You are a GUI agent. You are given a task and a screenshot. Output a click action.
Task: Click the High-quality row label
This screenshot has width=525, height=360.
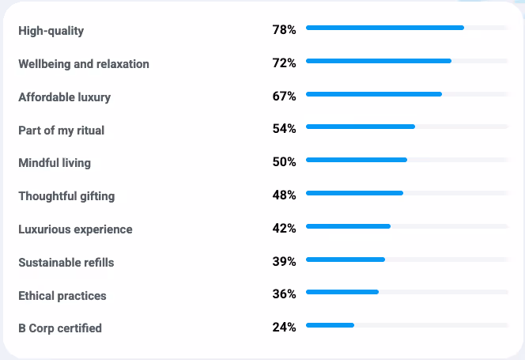pyautogui.click(x=51, y=31)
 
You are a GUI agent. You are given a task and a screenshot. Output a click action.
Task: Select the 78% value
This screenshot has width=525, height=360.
pyautogui.click(x=284, y=29)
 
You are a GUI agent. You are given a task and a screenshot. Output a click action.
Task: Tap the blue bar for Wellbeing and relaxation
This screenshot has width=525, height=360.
pyautogui.click(x=378, y=61)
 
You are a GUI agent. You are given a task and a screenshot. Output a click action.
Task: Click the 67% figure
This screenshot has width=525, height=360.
pyautogui.click(x=284, y=96)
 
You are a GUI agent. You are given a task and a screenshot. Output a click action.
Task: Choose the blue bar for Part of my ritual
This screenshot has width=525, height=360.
pyautogui.click(x=360, y=127)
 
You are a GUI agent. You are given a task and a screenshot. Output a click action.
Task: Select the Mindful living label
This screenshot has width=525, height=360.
pyautogui.click(x=55, y=163)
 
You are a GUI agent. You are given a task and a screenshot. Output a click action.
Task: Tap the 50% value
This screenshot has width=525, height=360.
pyautogui.click(x=284, y=161)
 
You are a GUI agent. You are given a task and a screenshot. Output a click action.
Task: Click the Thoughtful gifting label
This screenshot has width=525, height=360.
pyautogui.click(x=66, y=196)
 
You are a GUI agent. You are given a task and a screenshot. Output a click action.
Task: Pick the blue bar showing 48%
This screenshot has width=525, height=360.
pyautogui.click(x=354, y=193)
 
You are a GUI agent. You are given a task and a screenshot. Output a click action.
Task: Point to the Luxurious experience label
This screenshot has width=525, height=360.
pyautogui.click(x=75, y=229)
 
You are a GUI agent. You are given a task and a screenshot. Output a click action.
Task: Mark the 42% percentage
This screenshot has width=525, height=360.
pyautogui.click(x=284, y=228)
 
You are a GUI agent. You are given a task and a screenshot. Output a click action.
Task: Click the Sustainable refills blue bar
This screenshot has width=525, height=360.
pyautogui.click(x=345, y=260)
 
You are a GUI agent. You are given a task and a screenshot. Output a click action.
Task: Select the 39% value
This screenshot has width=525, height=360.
pyautogui.click(x=284, y=261)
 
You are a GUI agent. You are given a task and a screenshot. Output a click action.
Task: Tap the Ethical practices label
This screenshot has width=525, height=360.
pyautogui.click(x=62, y=296)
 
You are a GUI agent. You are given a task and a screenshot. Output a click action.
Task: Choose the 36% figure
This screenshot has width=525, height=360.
pyautogui.click(x=284, y=294)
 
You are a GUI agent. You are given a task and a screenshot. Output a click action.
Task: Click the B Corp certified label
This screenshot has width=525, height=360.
pyautogui.click(x=60, y=328)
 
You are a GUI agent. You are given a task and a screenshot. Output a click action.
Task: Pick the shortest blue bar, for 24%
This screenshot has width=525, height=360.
pyautogui.click(x=330, y=325)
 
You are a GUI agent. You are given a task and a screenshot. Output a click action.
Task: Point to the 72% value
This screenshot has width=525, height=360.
pyautogui.click(x=284, y=63)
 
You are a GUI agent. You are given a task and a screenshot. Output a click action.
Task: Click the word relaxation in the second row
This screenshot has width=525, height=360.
pyautogui.click(x=123, y=64)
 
